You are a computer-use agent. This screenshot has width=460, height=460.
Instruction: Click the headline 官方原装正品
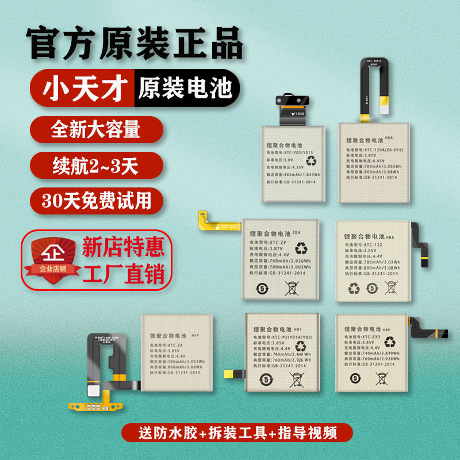click(x=136, y=44)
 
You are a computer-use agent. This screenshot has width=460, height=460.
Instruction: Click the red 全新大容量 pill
click(x=95, y=129)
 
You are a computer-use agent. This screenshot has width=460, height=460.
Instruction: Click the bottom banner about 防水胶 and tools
click(x=229, y=432)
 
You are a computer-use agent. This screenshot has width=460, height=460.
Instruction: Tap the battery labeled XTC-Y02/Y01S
click(x=293, y=163)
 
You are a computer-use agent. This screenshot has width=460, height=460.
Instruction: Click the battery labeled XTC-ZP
click(x=280, y=259)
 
